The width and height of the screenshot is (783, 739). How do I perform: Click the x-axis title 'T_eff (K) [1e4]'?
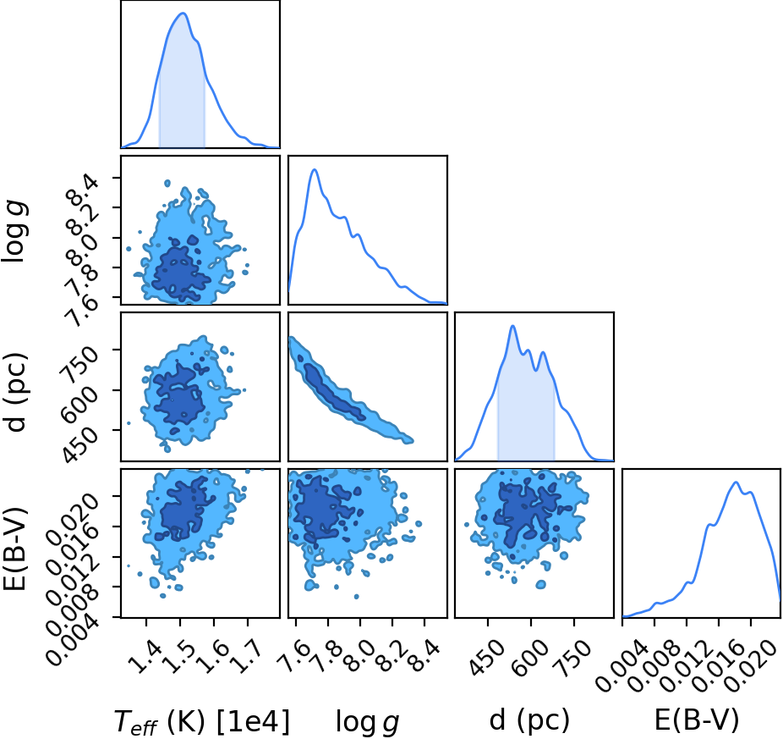[x=202, y=721]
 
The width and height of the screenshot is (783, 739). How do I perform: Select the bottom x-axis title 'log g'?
[x=368, y=721]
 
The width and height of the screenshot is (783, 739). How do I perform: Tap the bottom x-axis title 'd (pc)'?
[x=529, y=720]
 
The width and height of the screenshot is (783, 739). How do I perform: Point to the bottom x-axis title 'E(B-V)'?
[x=696, y=720]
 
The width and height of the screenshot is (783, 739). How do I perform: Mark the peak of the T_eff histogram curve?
[x=183, y=13]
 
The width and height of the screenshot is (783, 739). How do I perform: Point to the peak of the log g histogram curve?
[x=315, y=169]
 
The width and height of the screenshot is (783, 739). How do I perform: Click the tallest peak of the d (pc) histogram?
[x=512, y=326]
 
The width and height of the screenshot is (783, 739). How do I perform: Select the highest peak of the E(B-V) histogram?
[x=736, y=482]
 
